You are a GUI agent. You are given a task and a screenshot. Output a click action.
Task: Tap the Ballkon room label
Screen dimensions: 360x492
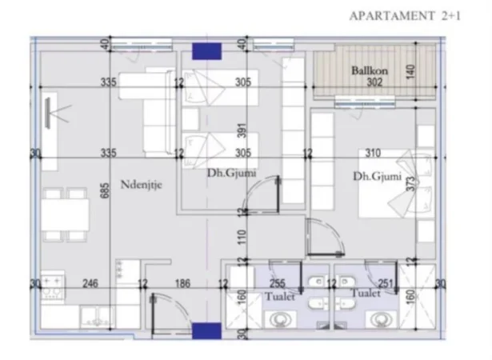(x=370, y=70)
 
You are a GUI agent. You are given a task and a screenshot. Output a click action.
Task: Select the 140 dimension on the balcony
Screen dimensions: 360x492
(x=410, y=70)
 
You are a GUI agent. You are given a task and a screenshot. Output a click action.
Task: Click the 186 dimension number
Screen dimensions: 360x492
(x=183, y=282)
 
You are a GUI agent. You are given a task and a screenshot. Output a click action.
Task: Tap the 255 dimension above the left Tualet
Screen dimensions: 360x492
(x=278, y=282)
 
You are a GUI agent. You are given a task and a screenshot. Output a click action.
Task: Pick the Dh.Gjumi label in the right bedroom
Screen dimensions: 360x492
(x=373, y=177)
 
